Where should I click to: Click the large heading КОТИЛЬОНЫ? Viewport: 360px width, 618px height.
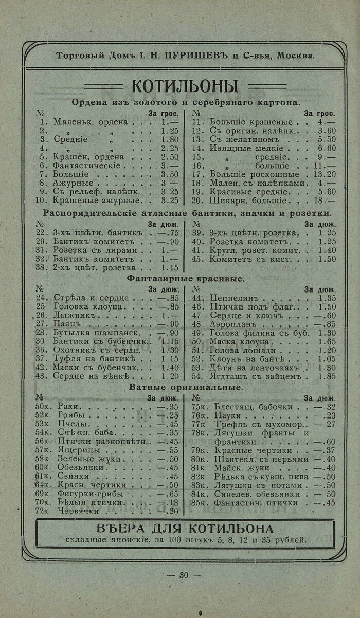coord(185,85)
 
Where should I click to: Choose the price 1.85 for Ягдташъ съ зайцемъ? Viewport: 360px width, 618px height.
coord(327,376)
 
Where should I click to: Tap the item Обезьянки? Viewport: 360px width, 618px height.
coord(77,467)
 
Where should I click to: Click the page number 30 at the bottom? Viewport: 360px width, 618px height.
coord(184,575)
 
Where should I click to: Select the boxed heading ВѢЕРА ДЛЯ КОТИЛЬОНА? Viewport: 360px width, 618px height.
coord(185,529)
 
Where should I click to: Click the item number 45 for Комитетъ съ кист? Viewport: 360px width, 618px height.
coord(196,259)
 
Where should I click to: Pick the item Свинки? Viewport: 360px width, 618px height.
coord(69,476)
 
